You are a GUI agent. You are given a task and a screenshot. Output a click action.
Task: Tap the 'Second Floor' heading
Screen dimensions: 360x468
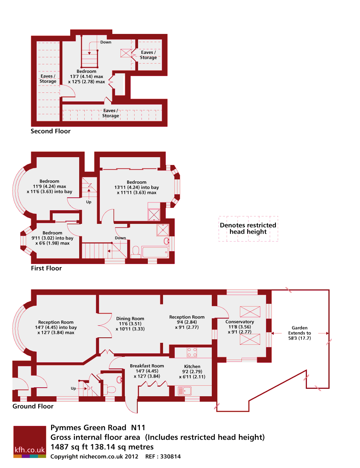pos(51,131)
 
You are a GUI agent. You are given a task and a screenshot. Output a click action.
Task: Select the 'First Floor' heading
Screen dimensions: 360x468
pos(46,268)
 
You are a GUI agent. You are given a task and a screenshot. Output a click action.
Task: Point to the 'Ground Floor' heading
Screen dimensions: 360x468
pos(33,406)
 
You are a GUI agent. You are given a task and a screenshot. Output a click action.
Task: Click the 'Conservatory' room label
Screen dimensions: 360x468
pos(239,322)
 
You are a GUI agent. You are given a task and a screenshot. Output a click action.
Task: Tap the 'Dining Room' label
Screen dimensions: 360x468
pos(130,319)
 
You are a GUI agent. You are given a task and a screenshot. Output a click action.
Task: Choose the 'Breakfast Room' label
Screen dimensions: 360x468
pos(147,366)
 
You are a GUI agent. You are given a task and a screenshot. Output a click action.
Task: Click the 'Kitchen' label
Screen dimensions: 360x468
pos(192,367)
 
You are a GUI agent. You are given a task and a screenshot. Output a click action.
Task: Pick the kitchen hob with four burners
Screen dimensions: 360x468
pos(192,352)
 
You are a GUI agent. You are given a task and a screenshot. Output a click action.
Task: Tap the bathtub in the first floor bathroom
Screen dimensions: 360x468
pos(155,252)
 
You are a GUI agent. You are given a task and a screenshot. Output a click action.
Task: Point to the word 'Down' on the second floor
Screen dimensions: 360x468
pos(106,42)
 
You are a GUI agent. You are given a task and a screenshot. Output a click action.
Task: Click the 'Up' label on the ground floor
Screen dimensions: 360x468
pos(73,388)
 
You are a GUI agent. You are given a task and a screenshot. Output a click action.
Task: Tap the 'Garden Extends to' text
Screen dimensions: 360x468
pos(300,330)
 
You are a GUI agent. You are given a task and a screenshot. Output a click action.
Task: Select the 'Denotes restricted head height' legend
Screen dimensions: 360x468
pos(248,229)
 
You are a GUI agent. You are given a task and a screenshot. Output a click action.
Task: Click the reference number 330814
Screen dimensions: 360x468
pos(170,456)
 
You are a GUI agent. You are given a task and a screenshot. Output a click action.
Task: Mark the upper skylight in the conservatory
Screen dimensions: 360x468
pos(250,312)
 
